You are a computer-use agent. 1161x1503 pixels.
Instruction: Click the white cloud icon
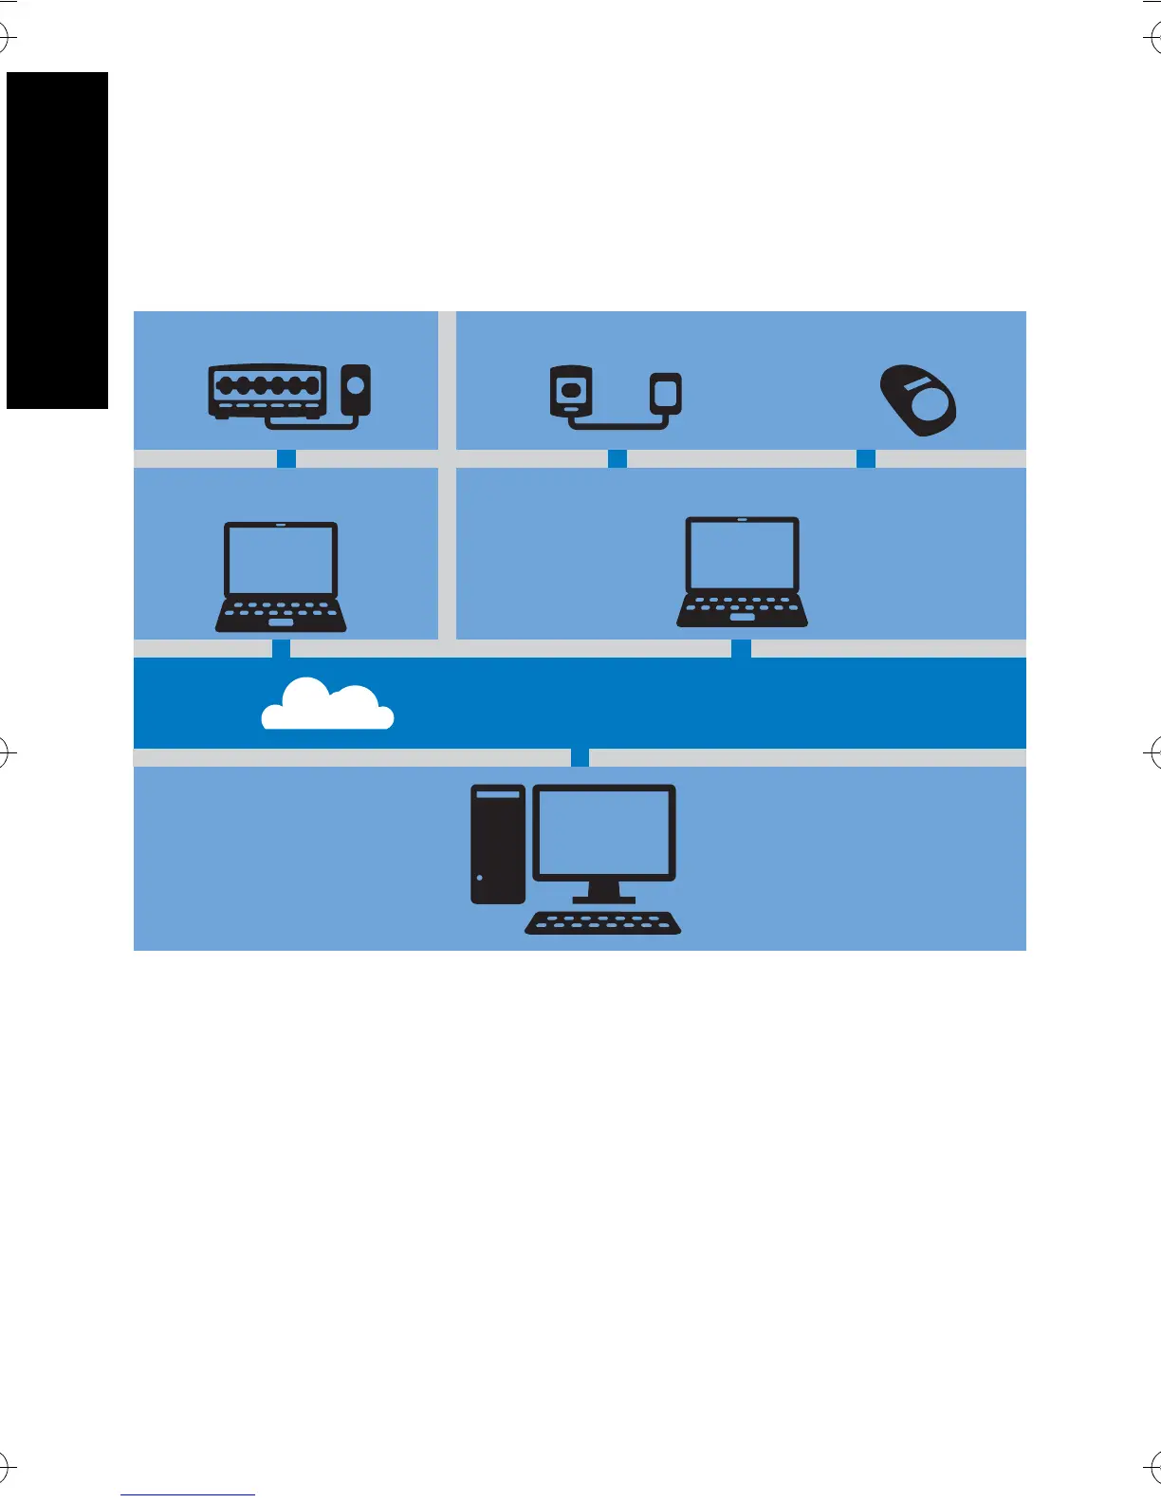pos(327,707)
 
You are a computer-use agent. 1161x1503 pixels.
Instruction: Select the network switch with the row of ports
pos(267,389)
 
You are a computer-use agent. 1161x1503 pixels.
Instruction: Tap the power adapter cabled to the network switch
pos(356,389)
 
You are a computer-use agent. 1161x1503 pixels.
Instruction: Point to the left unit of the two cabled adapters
pos(571,391)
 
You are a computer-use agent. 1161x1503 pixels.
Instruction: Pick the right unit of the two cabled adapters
pos(666,391)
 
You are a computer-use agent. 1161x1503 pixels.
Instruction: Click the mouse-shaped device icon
pos(918,400)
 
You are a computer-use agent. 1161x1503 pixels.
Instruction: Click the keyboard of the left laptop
pos(281,615)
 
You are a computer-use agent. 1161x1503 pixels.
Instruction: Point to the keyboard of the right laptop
pos(742,610)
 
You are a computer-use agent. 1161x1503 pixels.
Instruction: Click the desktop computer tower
pos(498,844)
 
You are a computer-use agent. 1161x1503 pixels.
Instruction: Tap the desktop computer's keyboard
pos(603,923)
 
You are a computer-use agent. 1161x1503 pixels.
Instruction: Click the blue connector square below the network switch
pos(286,459)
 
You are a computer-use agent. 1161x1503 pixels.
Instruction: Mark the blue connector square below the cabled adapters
pos(617,459)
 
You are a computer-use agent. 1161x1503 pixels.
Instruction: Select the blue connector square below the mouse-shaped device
pos(866,459)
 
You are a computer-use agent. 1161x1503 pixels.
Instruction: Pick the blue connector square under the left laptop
pos(282,649)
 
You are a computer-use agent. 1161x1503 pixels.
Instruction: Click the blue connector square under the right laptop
pos(742,649)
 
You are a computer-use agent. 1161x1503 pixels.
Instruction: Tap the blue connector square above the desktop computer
pos(580,758)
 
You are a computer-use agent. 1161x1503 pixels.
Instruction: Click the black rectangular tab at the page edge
pos(58,240)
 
